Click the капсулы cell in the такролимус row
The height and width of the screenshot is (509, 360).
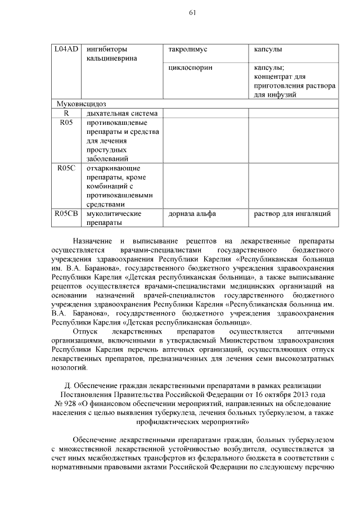click(x=267, y=50)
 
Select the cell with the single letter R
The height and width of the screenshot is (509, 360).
click(x=66, y=114)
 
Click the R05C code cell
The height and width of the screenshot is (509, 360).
click(x=66, y=168)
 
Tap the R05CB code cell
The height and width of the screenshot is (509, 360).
click(x=66, y=214)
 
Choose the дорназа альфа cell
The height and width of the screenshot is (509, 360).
click(x=191, y=214)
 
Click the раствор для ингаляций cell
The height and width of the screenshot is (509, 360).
click(x=289, y=214)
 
